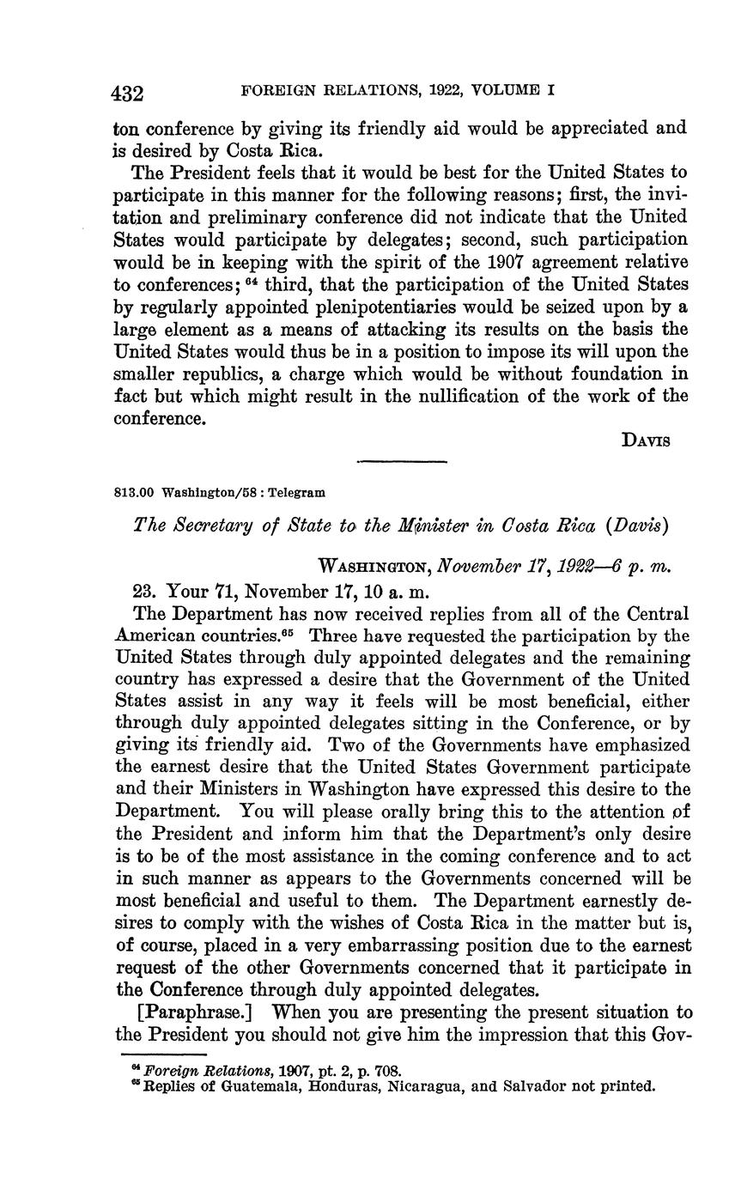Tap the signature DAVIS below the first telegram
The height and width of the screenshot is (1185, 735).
[x=645, y=440]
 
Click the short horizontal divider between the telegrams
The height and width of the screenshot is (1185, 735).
[x=402, y=463]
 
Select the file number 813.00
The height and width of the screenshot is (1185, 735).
[x=133, y=493]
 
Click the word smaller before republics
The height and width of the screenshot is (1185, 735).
[x=150, y=374]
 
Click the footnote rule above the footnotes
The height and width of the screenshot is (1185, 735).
[x=163, y=1054]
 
